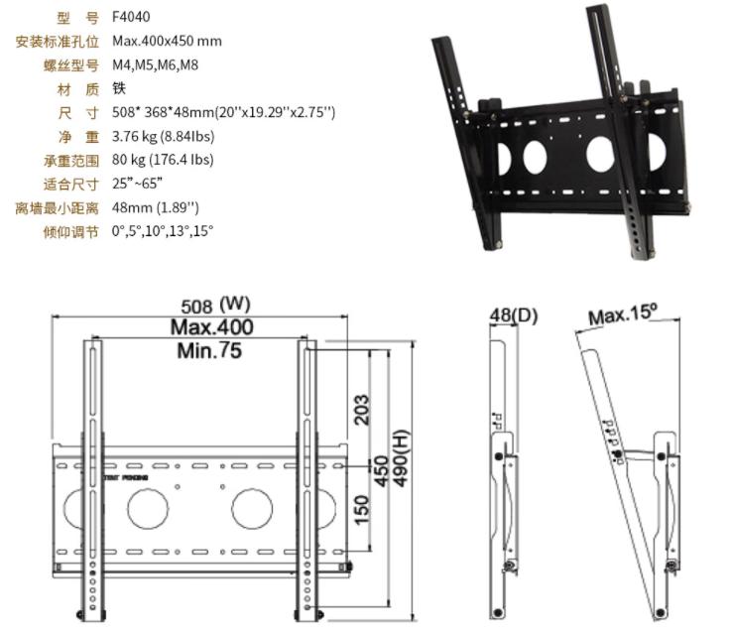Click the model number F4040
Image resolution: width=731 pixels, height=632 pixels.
point(131,17)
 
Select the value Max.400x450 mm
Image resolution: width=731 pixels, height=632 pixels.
point(167,41)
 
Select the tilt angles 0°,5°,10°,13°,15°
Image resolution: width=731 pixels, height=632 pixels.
point(163,230)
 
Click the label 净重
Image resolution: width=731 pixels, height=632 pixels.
point(78,136)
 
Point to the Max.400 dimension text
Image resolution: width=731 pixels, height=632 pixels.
point(211,327)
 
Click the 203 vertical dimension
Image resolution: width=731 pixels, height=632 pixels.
point(363,409)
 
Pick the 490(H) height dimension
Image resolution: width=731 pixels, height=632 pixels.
point(402,464)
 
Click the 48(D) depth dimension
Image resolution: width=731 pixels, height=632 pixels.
point(513,316)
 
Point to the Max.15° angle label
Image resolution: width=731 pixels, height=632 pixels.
point(623,315)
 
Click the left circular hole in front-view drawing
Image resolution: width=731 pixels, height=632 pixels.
point(148,507)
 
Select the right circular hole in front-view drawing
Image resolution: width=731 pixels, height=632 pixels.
point(252,507)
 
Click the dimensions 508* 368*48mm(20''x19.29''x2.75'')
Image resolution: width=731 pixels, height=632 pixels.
point(223,112)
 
